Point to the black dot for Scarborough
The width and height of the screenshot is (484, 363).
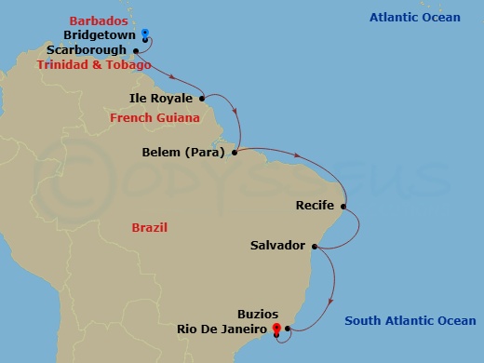click(136, 50)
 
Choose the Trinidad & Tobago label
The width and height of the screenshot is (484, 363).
click(93, 65)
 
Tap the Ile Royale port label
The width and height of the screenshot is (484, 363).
click(161, 98)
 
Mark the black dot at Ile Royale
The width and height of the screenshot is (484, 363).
click(202, 97)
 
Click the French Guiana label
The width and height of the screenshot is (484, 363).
click(155, 118)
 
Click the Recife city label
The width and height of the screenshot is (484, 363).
click(314, 206)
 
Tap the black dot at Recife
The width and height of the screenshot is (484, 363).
click(343, 206)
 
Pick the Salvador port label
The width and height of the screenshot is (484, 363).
click(277, 246)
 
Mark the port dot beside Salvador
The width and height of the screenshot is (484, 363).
click(315, 246)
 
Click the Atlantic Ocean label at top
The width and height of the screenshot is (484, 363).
click(414, 18)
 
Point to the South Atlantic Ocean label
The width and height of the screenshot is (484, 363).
click(410, 321)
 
